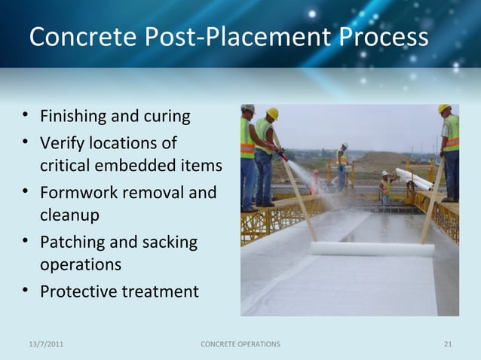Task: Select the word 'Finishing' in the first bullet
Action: click(74, 117)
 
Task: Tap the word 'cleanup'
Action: click(69, 215)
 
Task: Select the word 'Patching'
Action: click(72, 243)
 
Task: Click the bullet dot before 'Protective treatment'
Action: click(26, 291)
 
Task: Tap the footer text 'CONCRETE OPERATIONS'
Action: click(240, 344)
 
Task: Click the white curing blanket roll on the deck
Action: click(372, 249)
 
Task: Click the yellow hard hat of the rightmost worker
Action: click(445, 108)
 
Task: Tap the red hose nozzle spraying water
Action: click(283, 156)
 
